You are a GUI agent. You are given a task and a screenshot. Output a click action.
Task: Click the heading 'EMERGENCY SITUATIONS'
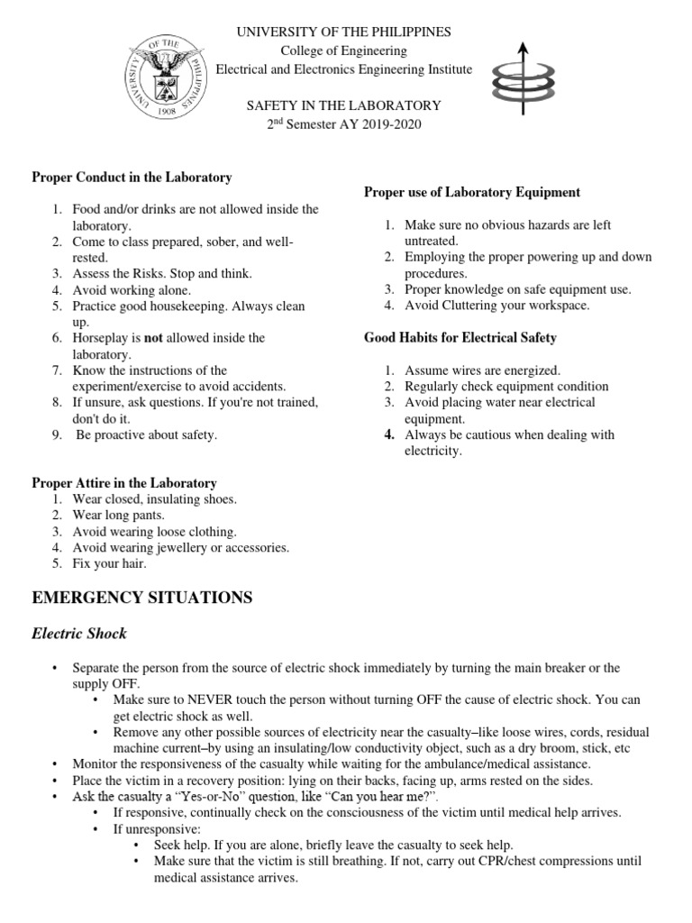[142, 598]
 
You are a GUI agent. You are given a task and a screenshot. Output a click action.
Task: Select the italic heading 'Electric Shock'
[79, 634]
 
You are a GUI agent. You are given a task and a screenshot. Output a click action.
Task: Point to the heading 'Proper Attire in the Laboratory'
[124, 483]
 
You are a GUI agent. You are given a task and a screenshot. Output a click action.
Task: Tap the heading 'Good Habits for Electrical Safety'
[460, 338]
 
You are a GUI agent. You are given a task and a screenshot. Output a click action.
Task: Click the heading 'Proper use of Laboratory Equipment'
[471, 192]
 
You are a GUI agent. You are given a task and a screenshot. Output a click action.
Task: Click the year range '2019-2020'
[388, 124]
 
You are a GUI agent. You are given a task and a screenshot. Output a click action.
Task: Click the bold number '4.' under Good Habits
[389, 434]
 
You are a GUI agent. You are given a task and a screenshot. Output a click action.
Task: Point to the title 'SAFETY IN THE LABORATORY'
[344, 105]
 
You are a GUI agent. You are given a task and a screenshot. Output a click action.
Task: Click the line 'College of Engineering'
[344, 50]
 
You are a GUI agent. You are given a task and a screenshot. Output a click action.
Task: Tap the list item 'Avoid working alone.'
[132, 290]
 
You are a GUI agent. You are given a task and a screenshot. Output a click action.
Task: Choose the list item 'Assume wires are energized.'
[482, 370]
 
